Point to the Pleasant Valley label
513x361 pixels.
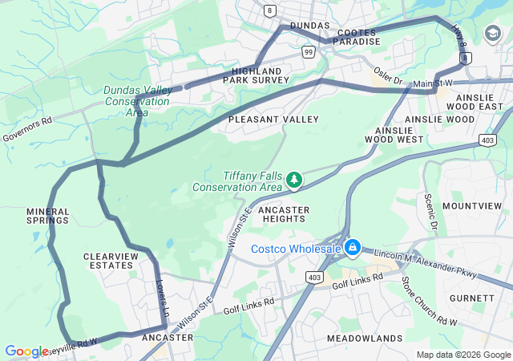click(273, 120)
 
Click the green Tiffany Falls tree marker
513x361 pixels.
click(294, 180)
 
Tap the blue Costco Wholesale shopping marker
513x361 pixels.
click(351, 248)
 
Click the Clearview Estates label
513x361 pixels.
click(110, 260)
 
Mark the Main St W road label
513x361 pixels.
click(433, 83)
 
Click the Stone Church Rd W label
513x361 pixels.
click(429, 301)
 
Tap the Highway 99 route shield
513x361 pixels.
click(309, 51)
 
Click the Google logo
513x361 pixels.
click(26, 351)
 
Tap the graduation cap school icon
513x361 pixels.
click(491, 33)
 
